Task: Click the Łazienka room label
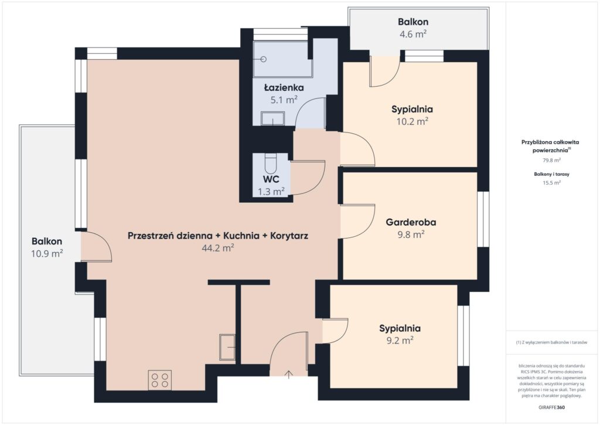click(x=284, y=88)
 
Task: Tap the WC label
click(x=271, y=179)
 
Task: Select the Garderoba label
click(x=411, y=222)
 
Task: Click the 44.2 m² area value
click(x=218, y=248)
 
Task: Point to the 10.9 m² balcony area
click(x=47, y=253)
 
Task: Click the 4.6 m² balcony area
click(x=413, y=34)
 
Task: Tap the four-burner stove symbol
click(x=160, y=380)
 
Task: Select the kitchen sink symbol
click(x=227, y=347)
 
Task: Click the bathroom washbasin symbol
click(x=273, y=118)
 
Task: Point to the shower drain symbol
click(x=263, y=59)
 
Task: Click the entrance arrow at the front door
click(x=289, y=374)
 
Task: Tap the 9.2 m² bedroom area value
click(x=400, y=341)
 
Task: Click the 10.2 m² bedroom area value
click(x=412, y=121)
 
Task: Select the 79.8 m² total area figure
click(x=552, y=161)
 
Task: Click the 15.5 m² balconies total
click(x=552, y=183)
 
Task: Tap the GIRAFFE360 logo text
click(x=551, y=407)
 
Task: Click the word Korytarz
click(x=289, y=236)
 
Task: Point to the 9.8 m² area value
click(x=411, y=234)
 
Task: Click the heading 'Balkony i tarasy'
click(x=552, y=174)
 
